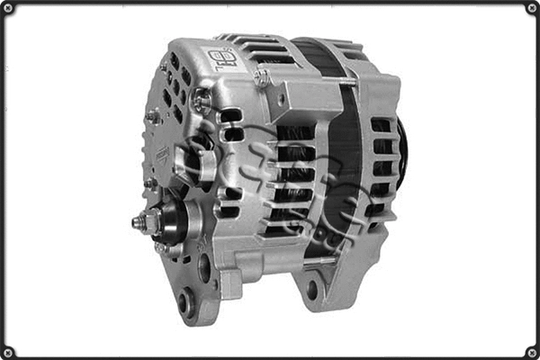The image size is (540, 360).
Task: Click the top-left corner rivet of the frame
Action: click(x=7, y=7)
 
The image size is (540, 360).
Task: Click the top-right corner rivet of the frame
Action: click(x=532, y=7)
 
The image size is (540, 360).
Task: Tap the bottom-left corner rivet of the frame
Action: click(x=7, y=352)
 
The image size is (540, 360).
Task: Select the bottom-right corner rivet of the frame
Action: click(x=532, y=352)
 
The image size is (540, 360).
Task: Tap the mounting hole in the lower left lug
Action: click(x=186, y=302)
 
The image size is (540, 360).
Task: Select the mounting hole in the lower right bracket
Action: click(x=312, y=290)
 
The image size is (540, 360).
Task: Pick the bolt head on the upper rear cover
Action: click(x=201, y=100)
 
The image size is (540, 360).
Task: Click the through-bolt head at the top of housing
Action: click(x=263, y=78)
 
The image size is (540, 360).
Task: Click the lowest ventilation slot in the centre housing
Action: click(x=286, y=229)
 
